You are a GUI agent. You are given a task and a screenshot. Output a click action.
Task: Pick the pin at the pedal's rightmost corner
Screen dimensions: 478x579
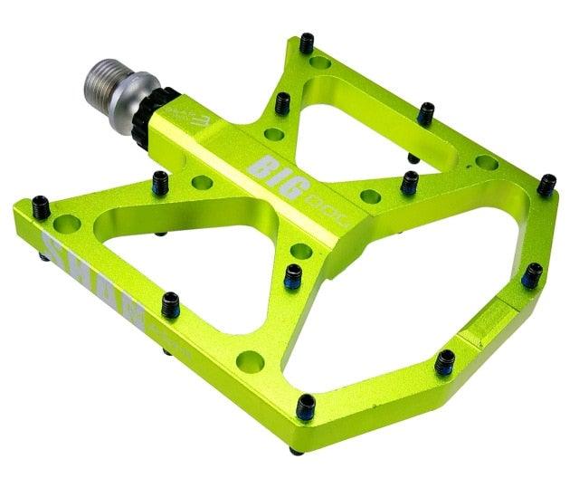point(546,185)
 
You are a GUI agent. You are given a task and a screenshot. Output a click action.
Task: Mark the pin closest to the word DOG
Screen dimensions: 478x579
point(410,183)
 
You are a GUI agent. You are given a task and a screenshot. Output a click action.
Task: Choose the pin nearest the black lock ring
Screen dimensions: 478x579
point(159,181)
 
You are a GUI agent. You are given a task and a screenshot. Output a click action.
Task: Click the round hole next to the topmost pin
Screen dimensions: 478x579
point(320,64)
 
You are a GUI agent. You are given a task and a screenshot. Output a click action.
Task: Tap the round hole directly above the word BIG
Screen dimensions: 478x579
point(273,135)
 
